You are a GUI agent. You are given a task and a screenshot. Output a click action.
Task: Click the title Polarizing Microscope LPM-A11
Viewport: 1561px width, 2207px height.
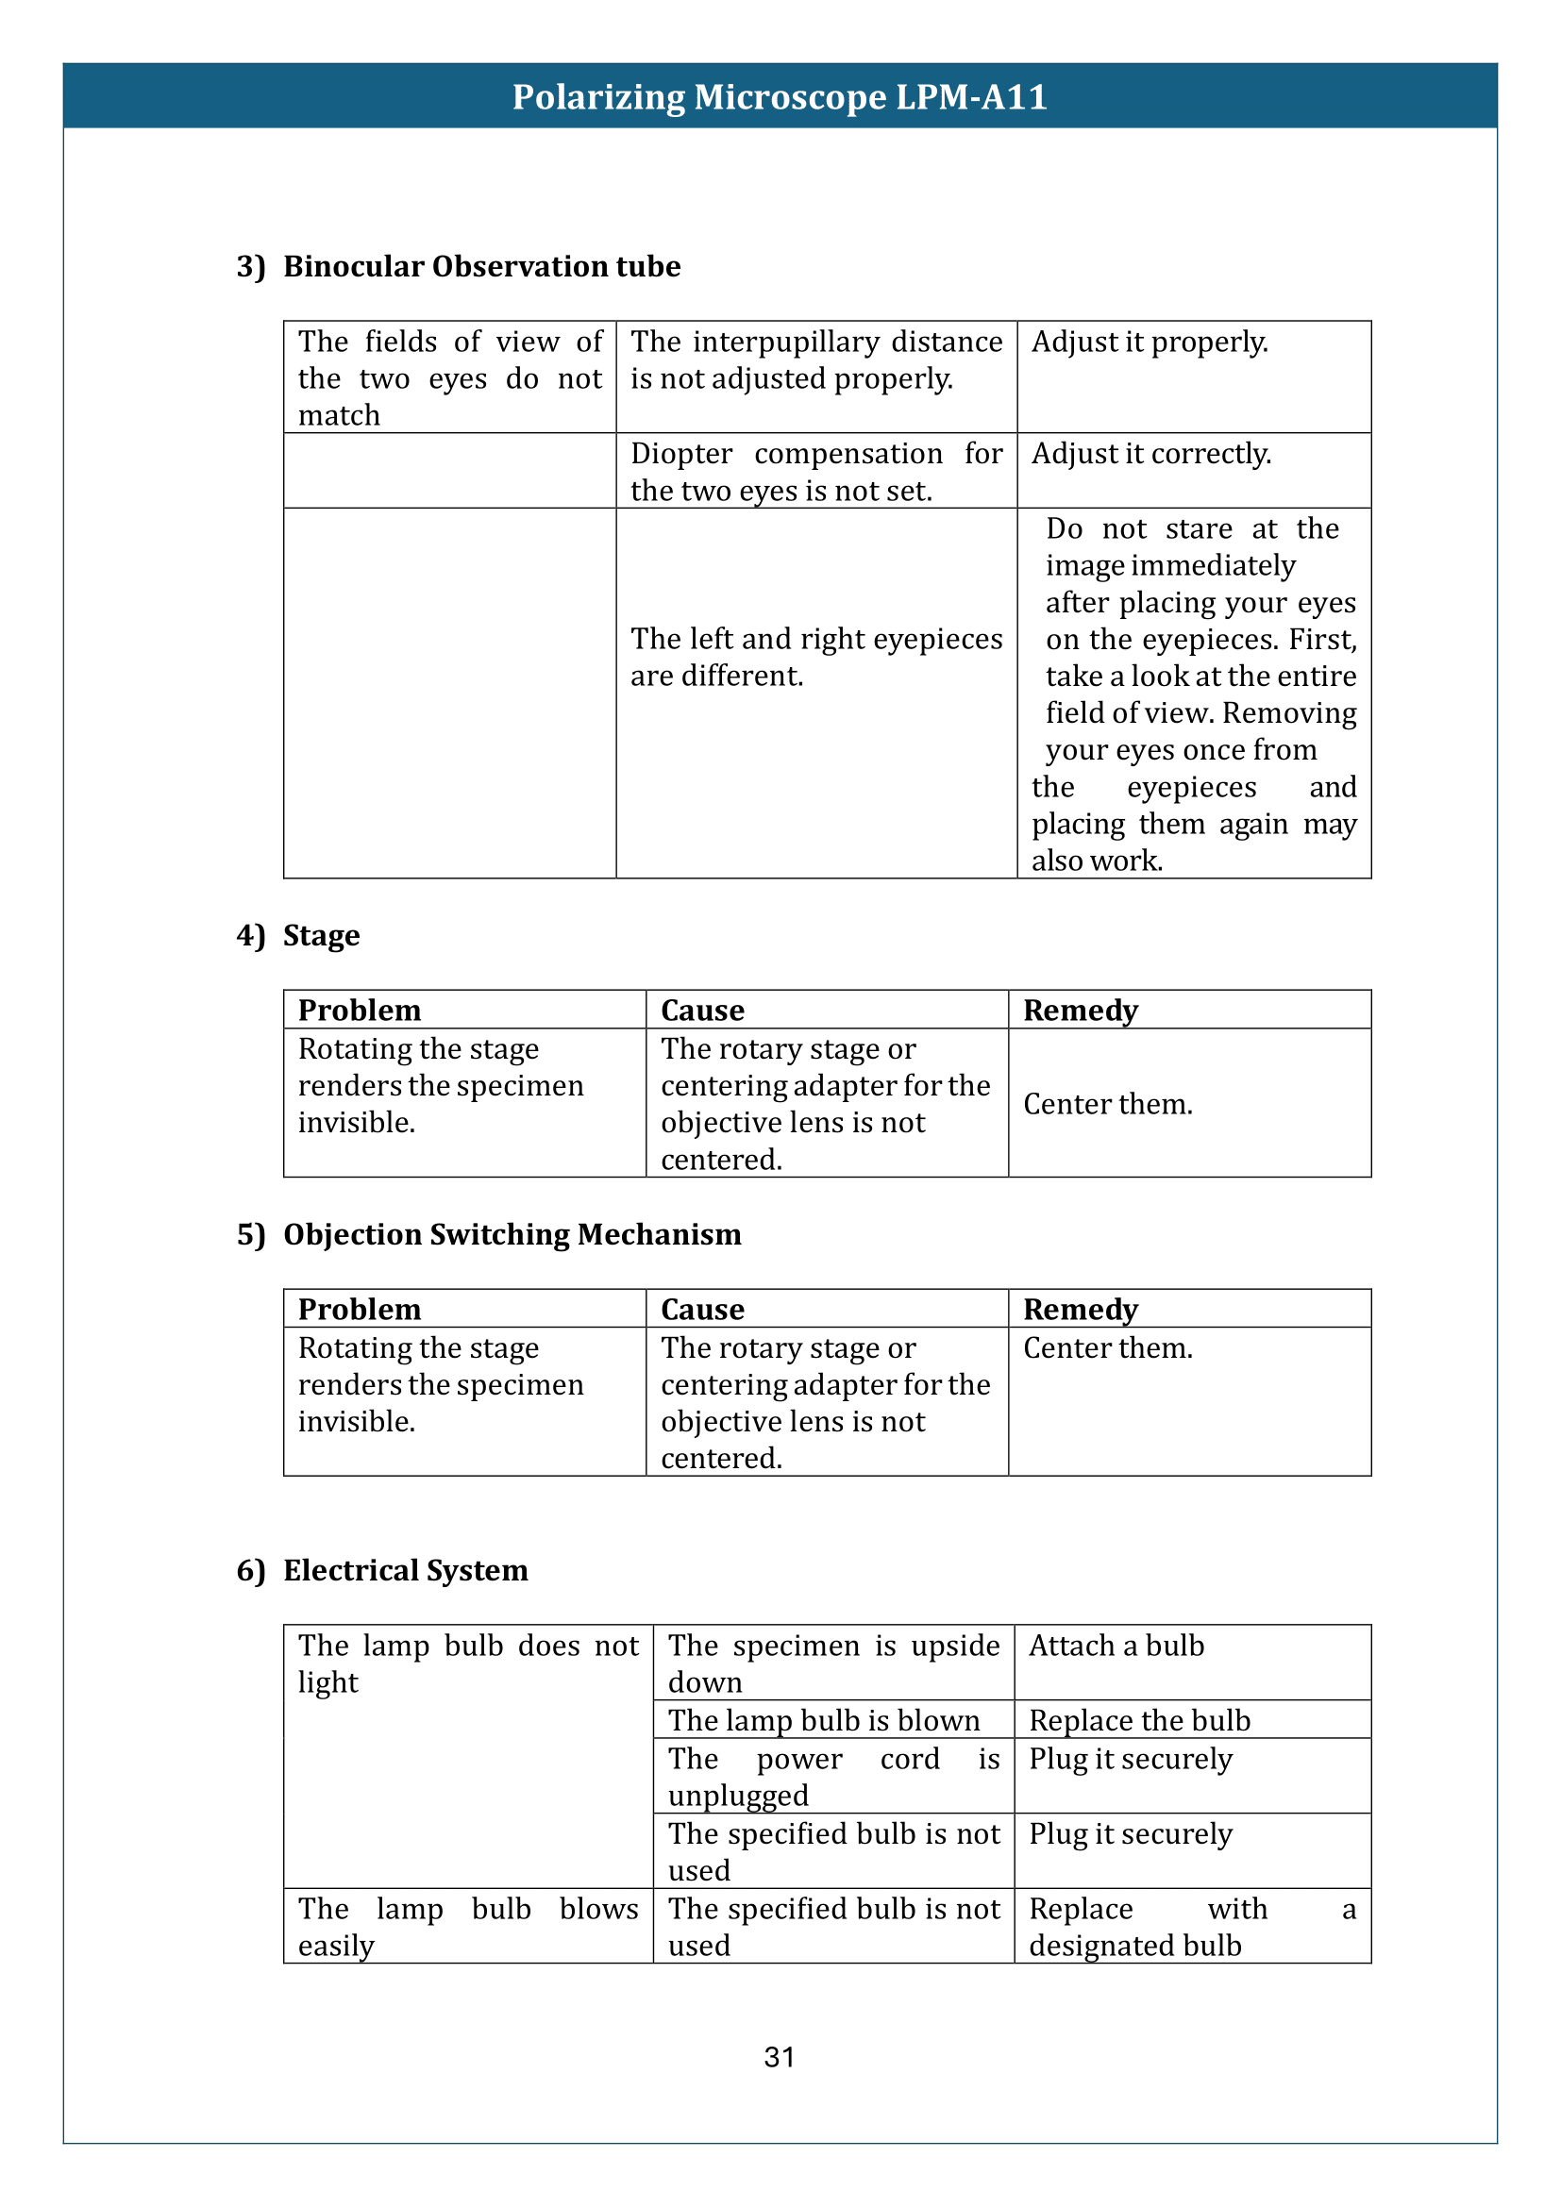780,97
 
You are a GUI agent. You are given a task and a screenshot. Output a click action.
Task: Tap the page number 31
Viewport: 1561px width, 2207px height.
780,2057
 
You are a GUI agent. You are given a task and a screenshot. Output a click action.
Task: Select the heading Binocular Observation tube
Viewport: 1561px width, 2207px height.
481,266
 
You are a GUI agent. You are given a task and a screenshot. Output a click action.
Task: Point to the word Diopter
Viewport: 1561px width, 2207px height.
680,454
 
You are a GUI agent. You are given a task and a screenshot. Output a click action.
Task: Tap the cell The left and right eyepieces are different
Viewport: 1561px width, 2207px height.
816,658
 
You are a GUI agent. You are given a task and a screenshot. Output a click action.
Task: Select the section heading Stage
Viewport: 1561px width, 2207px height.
321,935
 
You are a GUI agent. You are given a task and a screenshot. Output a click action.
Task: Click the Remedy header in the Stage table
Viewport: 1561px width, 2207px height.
1081,1011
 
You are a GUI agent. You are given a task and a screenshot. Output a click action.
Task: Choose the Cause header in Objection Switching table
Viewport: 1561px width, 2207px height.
703,1310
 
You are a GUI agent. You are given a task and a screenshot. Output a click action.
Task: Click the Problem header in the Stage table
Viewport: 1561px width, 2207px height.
360,1011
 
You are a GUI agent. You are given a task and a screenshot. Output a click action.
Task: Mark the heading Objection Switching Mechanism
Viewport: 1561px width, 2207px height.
512,1234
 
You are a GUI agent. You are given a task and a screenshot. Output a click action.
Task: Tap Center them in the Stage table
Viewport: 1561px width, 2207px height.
1107,1105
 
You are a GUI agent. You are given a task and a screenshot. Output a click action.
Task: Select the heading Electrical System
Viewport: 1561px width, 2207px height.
406,1571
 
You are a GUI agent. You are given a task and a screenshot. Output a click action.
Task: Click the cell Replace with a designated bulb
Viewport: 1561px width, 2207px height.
1192,1928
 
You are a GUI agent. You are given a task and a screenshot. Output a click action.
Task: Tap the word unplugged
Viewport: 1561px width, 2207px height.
738,1796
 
